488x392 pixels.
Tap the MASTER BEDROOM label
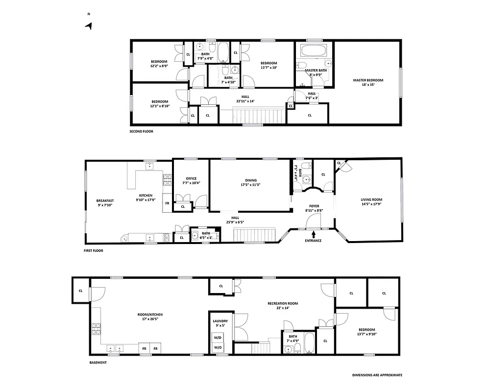[x=368, y=80]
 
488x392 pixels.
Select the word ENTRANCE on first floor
[x=313, y=241]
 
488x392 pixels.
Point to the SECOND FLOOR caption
[x=141, y=132]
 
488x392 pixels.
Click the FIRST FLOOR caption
[x=93, y=250]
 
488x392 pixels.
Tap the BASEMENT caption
[x=98, y=363]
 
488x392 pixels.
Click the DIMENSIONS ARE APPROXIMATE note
[x=377, y=375]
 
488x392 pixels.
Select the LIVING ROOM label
[x=371, y=199]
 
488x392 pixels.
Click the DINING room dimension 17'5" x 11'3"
[x=250, y=185]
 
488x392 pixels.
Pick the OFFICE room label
[x=191, y=178]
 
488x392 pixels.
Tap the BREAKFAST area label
[x=105, y=200]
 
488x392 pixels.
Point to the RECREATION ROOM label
[x=283, y=303]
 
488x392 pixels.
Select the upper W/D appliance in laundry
[x=218, y=337]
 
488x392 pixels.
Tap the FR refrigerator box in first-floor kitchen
[x=167, y=203]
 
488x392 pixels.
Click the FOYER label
[x=314, y=206]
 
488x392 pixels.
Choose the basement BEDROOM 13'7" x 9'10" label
[x=366, y=330]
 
